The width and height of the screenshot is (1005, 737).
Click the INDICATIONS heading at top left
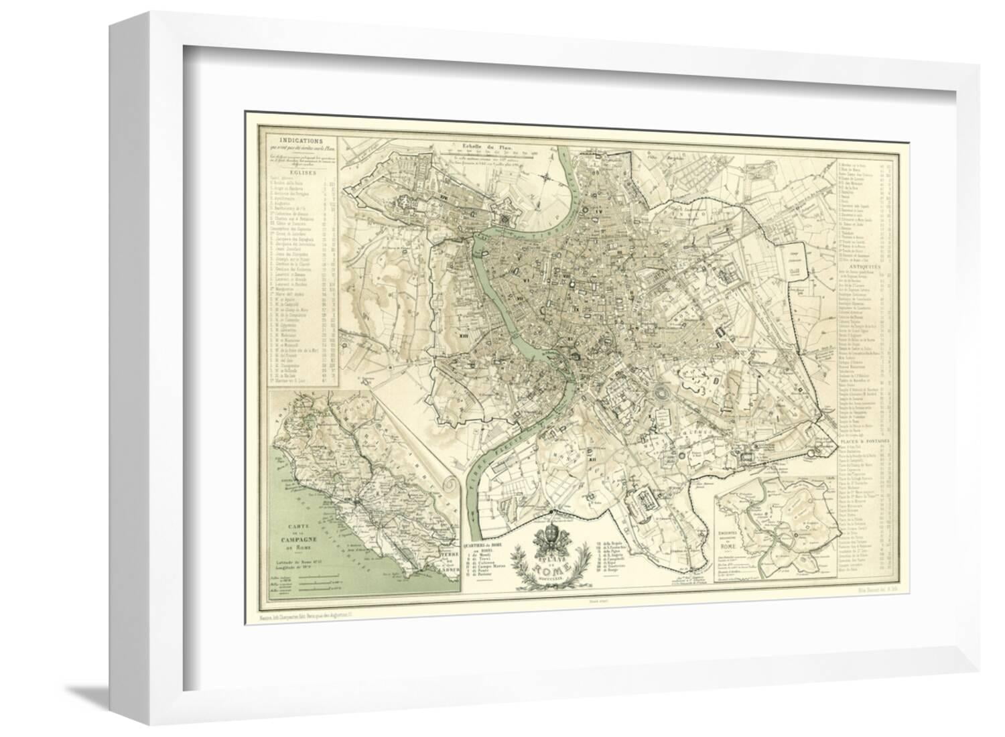tap(301, 141)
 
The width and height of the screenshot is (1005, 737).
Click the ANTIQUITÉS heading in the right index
tap(865, 266)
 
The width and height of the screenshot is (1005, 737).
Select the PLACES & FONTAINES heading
tap(865, 442)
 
